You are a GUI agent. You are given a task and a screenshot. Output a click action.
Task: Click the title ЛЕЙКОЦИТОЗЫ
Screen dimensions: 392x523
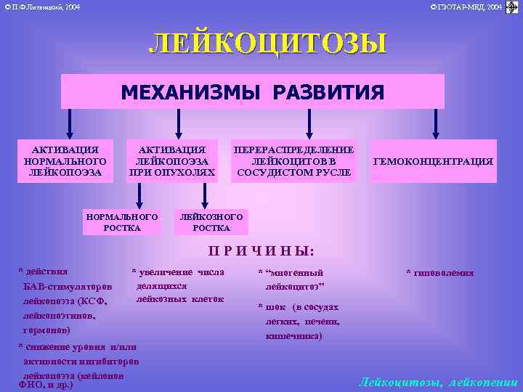(x=267, y=44)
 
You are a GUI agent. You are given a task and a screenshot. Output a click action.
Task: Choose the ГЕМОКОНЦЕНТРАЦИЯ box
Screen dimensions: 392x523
(x=432, y=161)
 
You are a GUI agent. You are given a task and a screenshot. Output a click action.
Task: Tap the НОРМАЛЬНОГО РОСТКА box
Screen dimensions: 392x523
(x=121, y=222)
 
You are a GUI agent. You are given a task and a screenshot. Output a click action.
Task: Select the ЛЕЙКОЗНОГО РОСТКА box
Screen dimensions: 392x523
(x=211, y=222)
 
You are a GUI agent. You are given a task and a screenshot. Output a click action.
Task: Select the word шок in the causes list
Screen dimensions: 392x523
(x=274, y=308)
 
